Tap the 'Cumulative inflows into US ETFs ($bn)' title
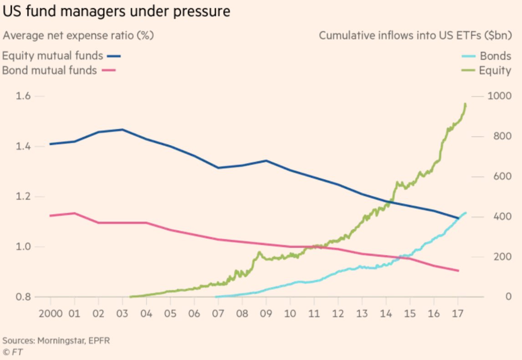(415, 36)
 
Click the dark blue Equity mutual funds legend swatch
(114, 57)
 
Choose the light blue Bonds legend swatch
(469, 57)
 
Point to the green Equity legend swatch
(469, 70)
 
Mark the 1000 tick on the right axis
(499, 96)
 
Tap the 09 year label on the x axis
(266, 314)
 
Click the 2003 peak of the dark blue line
(122, 129)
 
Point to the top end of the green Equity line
(465, 104)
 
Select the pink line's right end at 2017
(458, 271)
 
